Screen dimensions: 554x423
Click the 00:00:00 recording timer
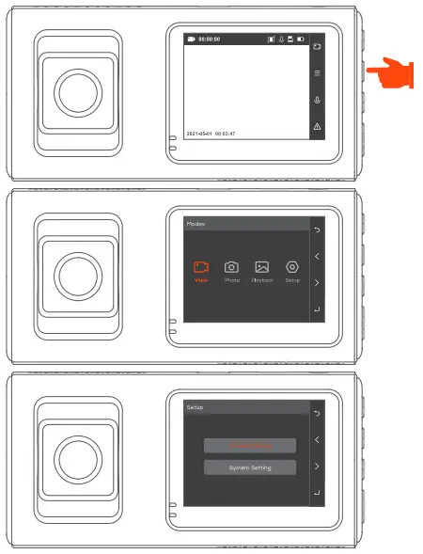208,40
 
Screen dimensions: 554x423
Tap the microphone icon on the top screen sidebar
317,100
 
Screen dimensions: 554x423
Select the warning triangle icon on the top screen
317,126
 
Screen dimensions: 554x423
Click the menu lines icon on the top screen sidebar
317,72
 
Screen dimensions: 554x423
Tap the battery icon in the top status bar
301,40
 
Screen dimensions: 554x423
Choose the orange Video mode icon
201,268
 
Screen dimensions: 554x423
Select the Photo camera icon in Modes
231,268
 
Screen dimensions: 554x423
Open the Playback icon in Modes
262,268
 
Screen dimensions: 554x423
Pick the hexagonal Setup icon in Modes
292,268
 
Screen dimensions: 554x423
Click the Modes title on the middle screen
195,225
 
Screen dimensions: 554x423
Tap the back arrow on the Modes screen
317,230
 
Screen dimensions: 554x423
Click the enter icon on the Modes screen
317,309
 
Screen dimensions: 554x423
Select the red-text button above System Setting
250,445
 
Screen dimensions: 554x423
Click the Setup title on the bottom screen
194,407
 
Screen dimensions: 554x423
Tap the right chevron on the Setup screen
317,466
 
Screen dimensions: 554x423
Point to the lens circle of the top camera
76,91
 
